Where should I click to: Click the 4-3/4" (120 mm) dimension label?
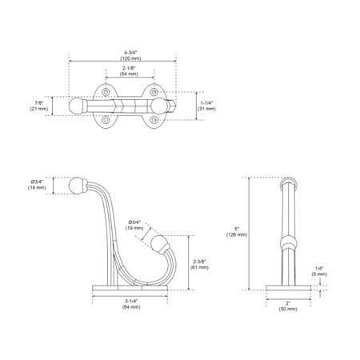coord(130,55)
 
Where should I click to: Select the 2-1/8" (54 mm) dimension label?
coord(129,71)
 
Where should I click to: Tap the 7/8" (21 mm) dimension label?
coord(39,106)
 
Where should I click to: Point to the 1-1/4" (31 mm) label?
coord(206,106)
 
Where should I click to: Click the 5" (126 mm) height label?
coord(237,232)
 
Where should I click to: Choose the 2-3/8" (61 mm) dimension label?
coord(199,265)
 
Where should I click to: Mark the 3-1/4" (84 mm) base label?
coord(131,304)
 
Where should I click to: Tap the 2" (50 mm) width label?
coord(288,306)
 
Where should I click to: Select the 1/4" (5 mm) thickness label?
coord(319,271)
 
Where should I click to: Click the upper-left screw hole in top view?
coord(106,92)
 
